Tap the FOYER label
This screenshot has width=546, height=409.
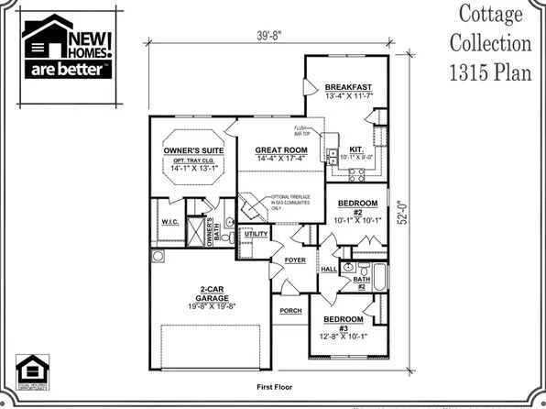point(294,260)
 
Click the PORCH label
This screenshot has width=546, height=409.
point(289,310)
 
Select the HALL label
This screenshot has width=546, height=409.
point(330,269)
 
